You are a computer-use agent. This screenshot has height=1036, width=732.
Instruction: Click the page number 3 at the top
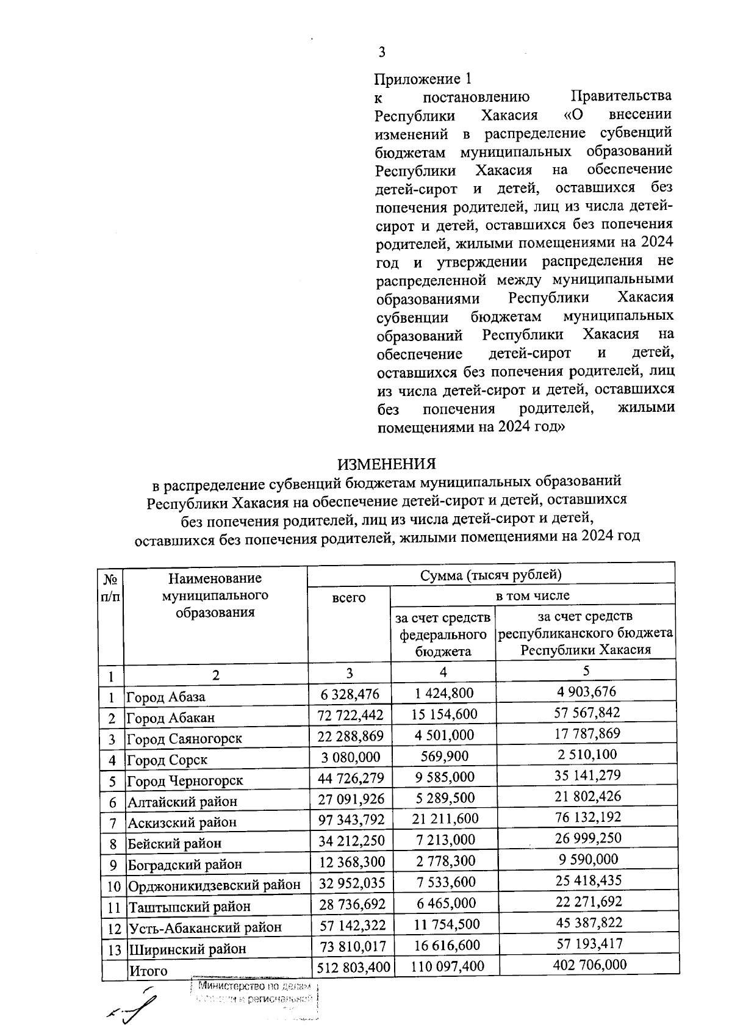click(x=382, y=52)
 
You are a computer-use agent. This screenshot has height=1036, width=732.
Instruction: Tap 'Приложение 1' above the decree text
click(x=423, y=79)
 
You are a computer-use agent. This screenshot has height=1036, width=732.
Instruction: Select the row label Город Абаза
click(x=166, y=697)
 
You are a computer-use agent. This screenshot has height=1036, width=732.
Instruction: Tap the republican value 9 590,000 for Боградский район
click(x=586, y=859)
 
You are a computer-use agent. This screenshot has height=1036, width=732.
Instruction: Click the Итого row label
click(x=148, y=971)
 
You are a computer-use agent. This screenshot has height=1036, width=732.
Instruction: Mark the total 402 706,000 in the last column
click(x=586, y=965)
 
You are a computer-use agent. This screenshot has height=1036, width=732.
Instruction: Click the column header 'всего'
click(x=349, y=599)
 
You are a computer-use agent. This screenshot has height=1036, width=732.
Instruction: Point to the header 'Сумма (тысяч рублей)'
click(x=490, y=574)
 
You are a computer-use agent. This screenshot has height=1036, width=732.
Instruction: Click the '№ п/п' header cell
click(x=111, y=587)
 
